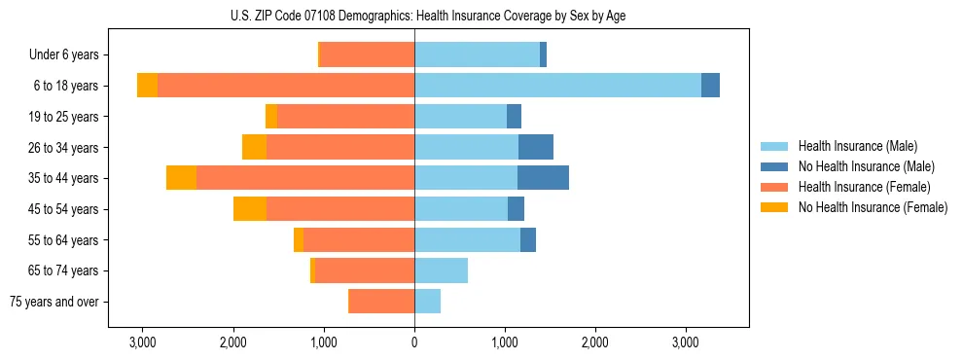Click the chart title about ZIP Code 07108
481,16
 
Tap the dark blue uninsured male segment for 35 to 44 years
543,178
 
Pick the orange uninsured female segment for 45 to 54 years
250,209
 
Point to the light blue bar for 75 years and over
427,302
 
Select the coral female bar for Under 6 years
367,54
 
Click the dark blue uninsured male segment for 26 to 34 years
536,147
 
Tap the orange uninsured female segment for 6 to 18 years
147,86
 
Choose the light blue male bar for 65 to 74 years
441,270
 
